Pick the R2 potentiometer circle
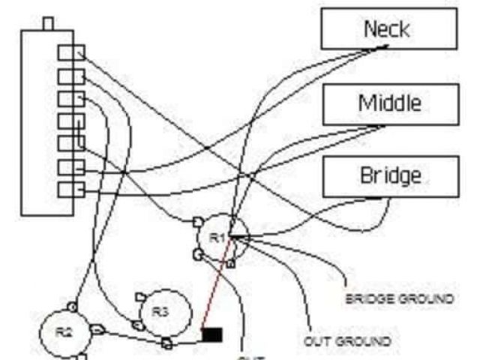pos(64,330)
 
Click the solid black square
pos(212,334)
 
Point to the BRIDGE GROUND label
pos(399,298)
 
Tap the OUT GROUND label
pos(347,341)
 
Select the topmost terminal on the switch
pos(71,52)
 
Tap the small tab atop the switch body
pos(49,23)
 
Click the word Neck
pos(386,29)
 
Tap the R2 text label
pos(64,330)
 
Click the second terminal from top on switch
pos(70,76)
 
